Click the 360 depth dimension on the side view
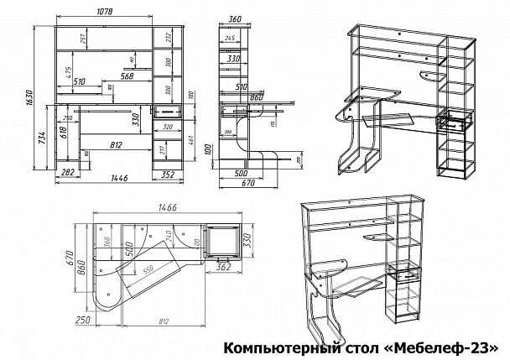(x=234, y=18)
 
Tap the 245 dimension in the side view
(x=230, y=39)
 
